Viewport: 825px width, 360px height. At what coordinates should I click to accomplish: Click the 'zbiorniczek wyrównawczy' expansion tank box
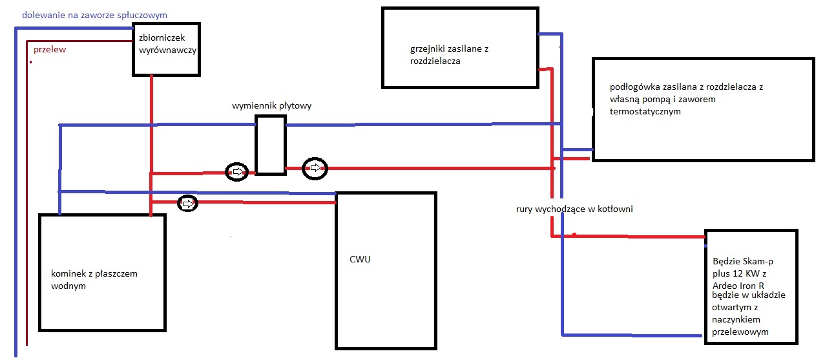(x=167, y=49)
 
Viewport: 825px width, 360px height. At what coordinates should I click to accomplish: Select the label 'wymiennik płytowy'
(x=271, y=105)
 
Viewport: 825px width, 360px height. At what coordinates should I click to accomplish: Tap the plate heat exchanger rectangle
(x=270, y=145)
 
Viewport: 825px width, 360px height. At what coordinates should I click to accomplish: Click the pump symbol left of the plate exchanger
(x=236, y=171)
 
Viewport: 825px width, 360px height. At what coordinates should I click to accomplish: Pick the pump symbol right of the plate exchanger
(x=315, y=168)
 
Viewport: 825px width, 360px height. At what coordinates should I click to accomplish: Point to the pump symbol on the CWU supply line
(x=187, y=204)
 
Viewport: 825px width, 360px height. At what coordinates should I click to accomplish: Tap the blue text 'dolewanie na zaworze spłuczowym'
(x=94, y=14)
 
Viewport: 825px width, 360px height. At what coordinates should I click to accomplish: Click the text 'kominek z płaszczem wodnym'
(x=94, y=279)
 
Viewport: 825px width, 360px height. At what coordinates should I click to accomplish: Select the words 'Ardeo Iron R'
(x=739, y=285)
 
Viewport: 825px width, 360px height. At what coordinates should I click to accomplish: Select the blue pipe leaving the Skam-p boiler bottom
(x=633, y=335)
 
